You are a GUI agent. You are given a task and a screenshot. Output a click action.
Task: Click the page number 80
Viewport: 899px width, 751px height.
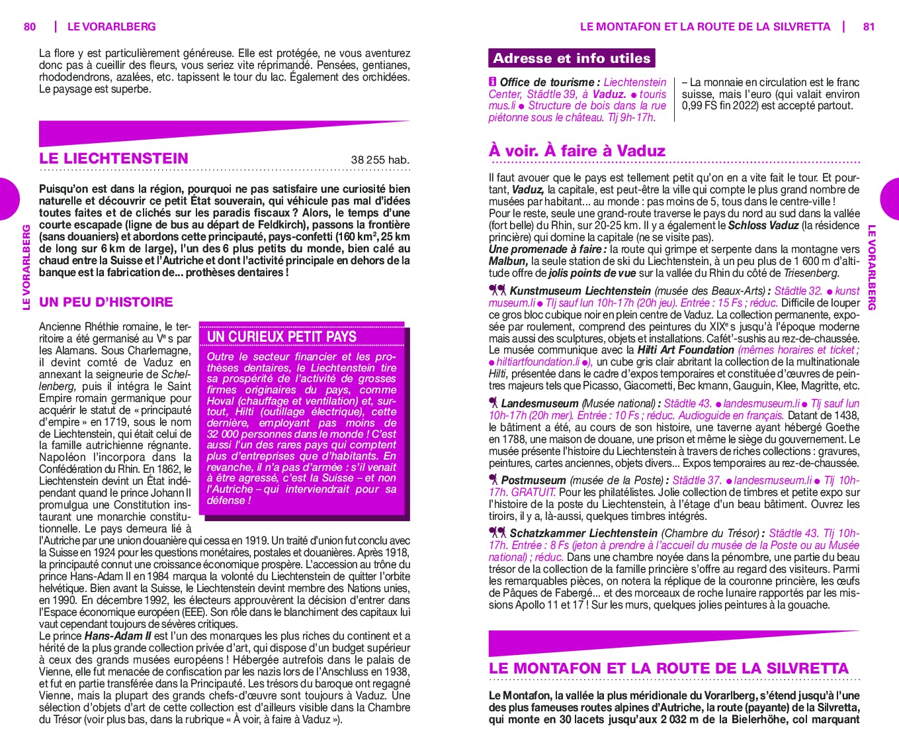(x=30, y=26)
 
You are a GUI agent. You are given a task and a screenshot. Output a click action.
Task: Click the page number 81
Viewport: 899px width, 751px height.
(x=869, y=26)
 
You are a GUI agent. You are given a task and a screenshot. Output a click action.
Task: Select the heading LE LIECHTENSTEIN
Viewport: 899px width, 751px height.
(x=114, y=158)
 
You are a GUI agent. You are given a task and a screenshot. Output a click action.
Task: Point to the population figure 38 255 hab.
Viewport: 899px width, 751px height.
(x=380, y=160)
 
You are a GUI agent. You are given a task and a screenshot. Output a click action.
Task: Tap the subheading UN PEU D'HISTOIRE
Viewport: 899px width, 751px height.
(x=106, y=302)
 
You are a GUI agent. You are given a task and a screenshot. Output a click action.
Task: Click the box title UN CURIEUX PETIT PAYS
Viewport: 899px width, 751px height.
(x=282, y=336)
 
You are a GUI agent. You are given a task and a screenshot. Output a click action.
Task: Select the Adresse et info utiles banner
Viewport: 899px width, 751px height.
(x=572, y=58)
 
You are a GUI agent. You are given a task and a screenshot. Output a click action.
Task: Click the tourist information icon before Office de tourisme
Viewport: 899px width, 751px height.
(x=493, y=82)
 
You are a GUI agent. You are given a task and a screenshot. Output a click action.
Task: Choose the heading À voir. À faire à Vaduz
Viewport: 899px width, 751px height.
(x=577, y=151)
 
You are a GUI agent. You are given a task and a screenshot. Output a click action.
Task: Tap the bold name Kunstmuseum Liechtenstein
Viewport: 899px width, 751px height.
(x=580, y=291)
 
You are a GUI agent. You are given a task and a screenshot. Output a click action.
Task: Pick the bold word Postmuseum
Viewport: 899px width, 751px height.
(x=533, y=480)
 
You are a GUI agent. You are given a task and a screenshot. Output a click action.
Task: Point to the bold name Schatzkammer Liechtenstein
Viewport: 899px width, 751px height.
(x=583, y=533)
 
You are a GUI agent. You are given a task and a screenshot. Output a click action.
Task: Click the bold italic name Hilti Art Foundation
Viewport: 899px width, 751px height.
(x=685, y=350)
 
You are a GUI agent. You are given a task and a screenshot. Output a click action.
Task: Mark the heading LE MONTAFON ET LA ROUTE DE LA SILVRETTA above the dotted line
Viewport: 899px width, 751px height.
(x=668, y=668)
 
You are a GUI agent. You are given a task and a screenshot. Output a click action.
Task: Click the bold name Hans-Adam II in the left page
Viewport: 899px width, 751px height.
(x=118, y=636)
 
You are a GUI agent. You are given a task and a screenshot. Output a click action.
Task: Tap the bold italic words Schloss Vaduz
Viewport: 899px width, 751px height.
(x=763, y=225)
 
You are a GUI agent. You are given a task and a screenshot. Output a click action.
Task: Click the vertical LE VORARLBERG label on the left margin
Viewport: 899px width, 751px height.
(x=26, y=267)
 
